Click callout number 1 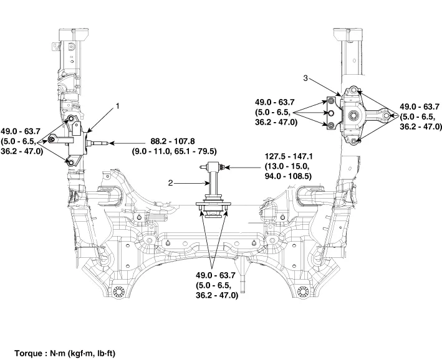pyautogui.click(x=118, y=107)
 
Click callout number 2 pyautogui.click(x=171, y=183)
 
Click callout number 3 pyautogui.click(x=305, y=78)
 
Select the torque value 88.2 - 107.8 pyautogui.click(x=173, y=141)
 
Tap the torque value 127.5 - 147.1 pyautogui.click(x=289, y=156)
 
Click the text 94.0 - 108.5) pyautogui.click(x=288, y=176)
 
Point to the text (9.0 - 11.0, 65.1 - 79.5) pyautogui.click(x=175, y=151)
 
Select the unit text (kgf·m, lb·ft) pyautogui.click(x=92, y=353)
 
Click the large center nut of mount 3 pyautogui.click(x=353, y=115)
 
